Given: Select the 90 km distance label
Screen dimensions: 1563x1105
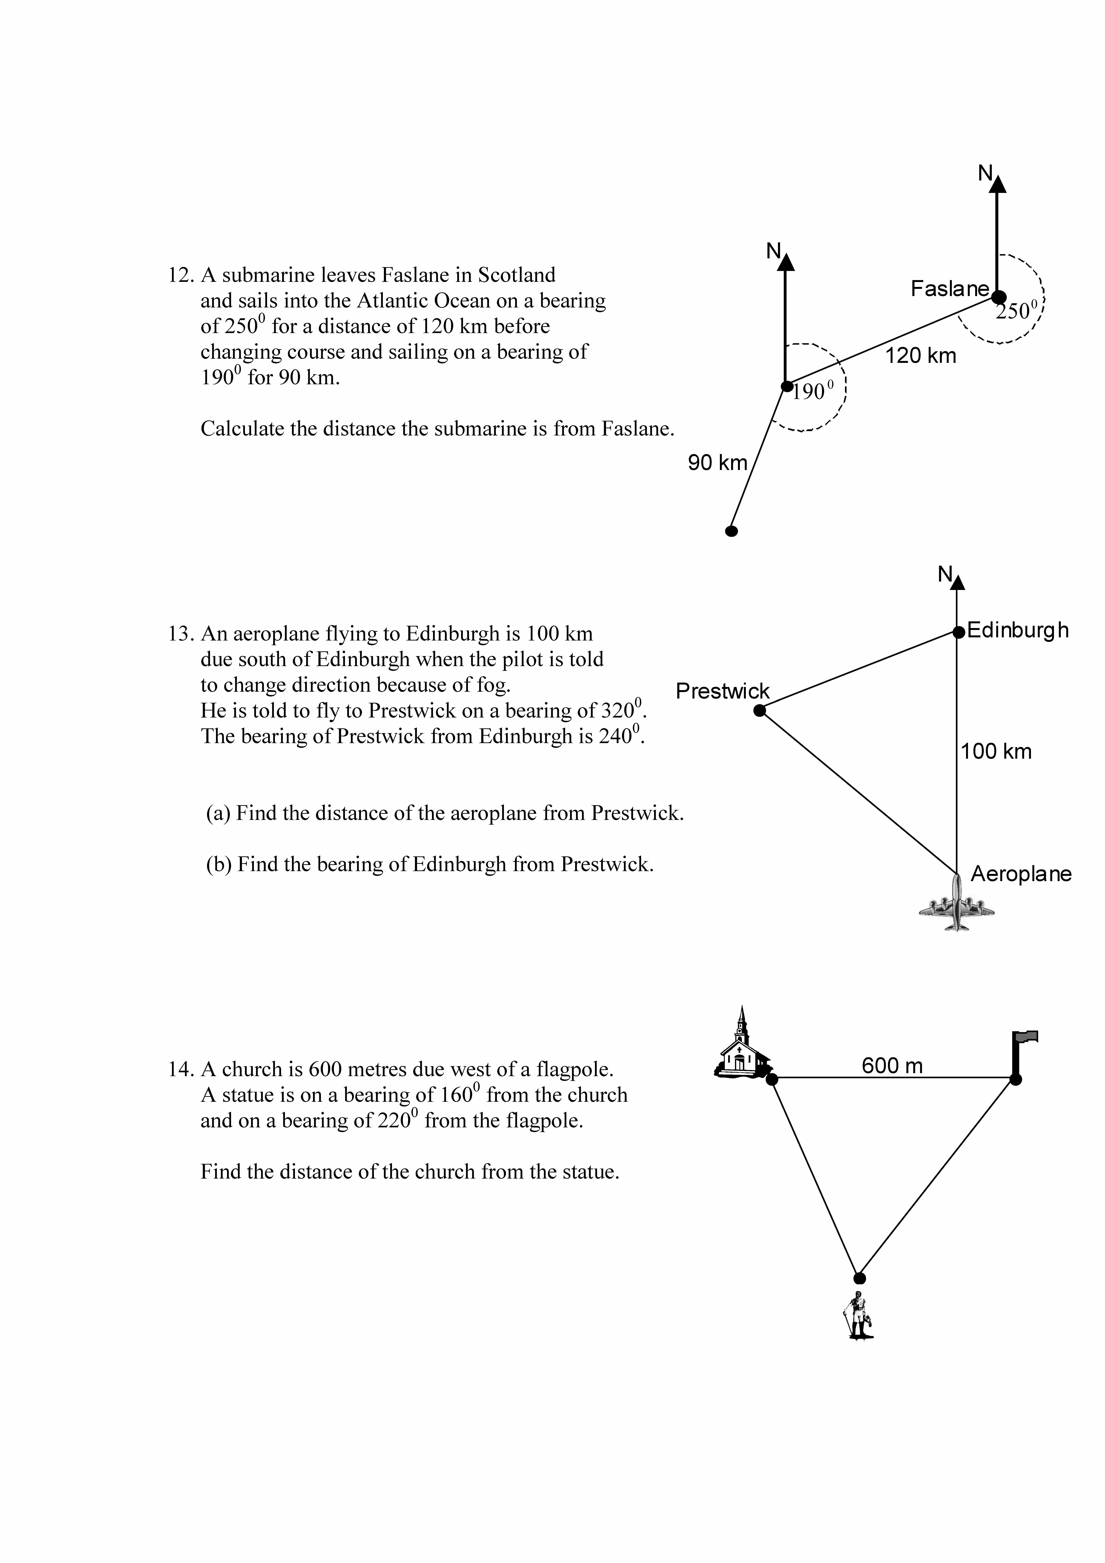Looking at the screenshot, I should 717,463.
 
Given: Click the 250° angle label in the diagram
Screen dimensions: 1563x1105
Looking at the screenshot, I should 1016,311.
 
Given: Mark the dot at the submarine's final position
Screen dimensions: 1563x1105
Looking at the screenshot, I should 731,531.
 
